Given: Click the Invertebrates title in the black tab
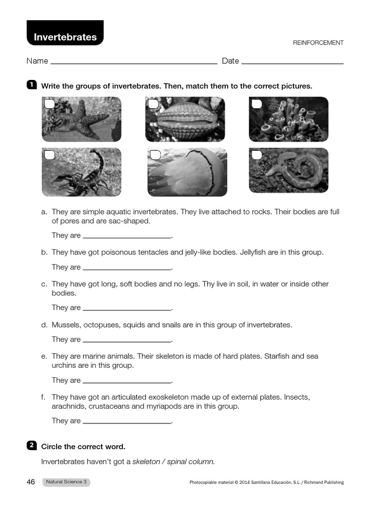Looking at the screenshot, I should (65, 37).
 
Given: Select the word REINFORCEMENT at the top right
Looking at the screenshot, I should (318, 43).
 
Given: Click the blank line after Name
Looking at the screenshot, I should (134, 62).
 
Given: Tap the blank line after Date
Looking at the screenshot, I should (293, 62).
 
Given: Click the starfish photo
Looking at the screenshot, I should (82, 119).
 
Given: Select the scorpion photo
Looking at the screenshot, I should (82, 172).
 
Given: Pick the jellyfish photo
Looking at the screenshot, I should (187, 172).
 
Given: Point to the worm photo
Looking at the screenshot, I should (288, 170).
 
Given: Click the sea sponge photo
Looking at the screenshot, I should (288, 119).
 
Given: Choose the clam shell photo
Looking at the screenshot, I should (185, 119).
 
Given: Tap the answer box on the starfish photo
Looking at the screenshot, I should (50, 104).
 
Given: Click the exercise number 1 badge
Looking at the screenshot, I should (31, 85).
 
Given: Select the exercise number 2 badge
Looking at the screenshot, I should (31, 445).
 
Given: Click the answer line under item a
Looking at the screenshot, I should (127, 236).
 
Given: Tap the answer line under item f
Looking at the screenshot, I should (127, 421).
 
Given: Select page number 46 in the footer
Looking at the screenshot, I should (31, 482).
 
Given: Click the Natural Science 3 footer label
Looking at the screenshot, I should (66, 482).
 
